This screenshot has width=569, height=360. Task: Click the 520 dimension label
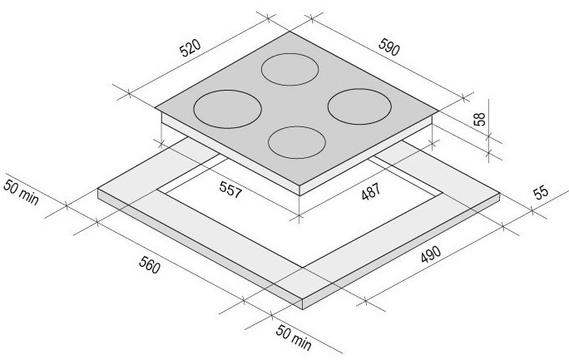click(190, 48)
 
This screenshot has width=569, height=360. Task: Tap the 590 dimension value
click(389, 47)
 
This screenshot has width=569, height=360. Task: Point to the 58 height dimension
click(480, 119)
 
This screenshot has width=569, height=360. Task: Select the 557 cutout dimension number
click(230, 190)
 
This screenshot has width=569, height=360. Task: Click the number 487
click(371, 191)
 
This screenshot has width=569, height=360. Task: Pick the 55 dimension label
click(541, 192)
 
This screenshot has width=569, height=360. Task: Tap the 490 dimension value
click(431, 254)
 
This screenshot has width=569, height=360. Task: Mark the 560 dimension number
click(149, 264)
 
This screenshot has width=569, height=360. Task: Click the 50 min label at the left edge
click(21, 192)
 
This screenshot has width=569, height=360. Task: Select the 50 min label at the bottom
click(294, 338)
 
